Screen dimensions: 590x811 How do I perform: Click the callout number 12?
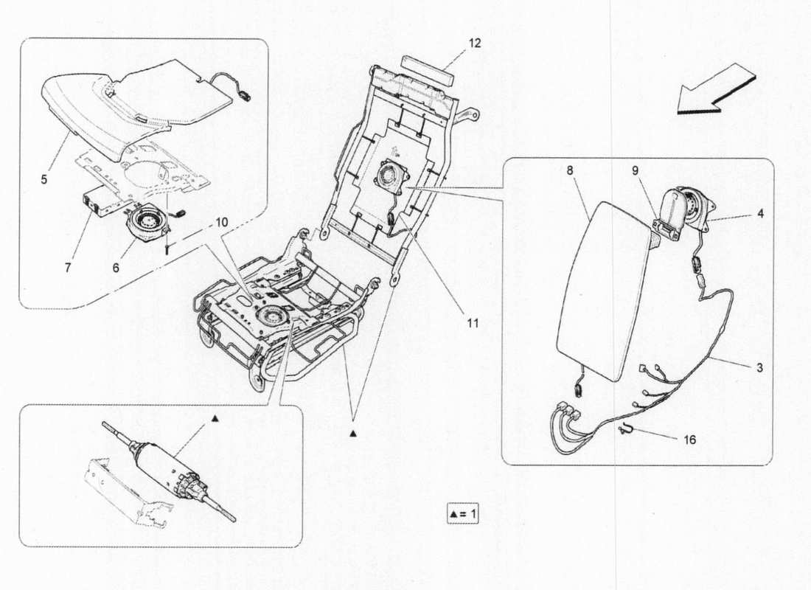point(474,44)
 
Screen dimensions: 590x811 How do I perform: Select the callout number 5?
point(45,179)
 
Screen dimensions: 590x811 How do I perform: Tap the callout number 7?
point(68,268)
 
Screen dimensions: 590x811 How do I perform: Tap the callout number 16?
point(689,440)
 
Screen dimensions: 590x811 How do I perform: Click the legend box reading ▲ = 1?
point(462,512)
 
